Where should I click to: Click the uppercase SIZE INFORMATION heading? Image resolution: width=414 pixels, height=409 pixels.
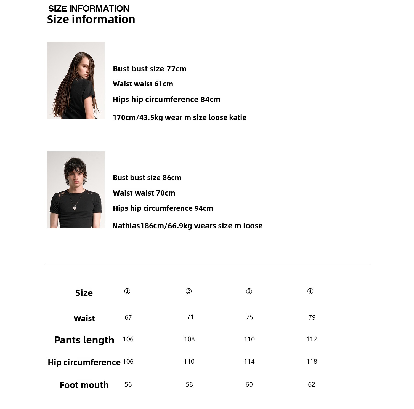(88, 9)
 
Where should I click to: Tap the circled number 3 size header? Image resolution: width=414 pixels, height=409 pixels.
(249, 291)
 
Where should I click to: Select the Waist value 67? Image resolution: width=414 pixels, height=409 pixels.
(128, 317)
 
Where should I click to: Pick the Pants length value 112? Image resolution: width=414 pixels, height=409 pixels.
(311, 339)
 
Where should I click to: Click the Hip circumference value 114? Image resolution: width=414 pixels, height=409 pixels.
(249, 361)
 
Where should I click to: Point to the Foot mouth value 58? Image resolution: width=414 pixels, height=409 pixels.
(189, 384)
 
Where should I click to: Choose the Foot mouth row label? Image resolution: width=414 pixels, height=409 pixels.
(84, 385)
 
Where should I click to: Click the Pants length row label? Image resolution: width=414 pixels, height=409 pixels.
(84, 340)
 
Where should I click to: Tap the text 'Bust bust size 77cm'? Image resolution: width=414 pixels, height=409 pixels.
(150, 69)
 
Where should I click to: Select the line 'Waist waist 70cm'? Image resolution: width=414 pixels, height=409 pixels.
(144, 193)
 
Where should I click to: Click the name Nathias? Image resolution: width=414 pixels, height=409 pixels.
(126, 226)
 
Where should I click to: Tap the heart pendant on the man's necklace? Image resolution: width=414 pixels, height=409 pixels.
(75, 208)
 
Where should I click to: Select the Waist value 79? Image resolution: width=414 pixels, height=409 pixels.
(312, 317)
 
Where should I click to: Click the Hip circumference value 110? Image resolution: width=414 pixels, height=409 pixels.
(189, 361)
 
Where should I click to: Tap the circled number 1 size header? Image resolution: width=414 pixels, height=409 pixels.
(127, 291)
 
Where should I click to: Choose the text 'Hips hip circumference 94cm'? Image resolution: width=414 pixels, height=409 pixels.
(163, 208)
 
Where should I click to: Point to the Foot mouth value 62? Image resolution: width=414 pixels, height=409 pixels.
(311, 384)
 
